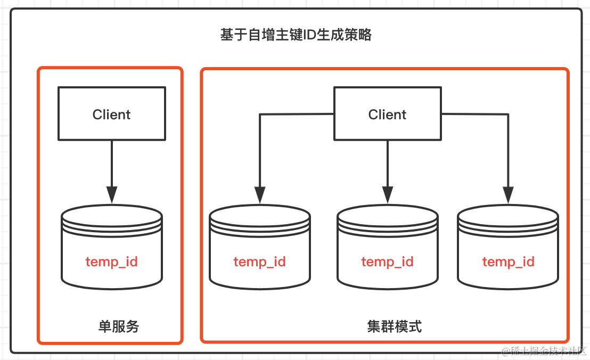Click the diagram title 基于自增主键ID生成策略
(296, 35)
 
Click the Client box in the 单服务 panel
(111, 114)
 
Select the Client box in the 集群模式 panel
(387, 114)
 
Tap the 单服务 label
(119, 326)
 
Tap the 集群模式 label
(395, 326)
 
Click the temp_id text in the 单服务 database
(111, 262)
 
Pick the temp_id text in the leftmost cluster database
(259, 262)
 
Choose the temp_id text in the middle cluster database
(387, 262)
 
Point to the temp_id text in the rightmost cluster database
(508, 262)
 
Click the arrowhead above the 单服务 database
(111, 194)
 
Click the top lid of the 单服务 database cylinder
(111, 214)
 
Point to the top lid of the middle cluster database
(387, 215)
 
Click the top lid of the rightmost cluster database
(508, 215)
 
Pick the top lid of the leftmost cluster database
(259, 215)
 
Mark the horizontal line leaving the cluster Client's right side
(474, 114)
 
